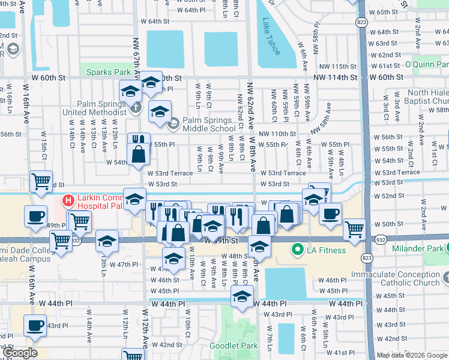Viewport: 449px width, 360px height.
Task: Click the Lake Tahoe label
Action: [x=271, y=36]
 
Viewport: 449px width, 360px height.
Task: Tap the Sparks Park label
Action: [x=108, y=73]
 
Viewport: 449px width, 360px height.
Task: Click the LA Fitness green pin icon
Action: [x=297, y=250]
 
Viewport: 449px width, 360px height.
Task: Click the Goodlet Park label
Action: [x=234, y=346]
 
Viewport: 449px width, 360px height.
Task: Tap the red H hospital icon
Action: [x=68, y=200]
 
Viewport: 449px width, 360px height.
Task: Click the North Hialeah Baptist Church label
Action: [x=427, y=97]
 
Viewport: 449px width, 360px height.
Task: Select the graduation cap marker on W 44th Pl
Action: [x=242, y=296]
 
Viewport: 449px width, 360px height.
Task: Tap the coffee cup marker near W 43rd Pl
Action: [x=35, y=325]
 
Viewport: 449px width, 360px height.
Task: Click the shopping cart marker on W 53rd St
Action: [x=41, y=181]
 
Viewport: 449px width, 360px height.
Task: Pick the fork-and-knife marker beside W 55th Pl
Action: [x=139, y=141]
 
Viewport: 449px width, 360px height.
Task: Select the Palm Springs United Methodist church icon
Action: [x=136, y=108]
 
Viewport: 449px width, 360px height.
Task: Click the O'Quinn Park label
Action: [x=426, y=64]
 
